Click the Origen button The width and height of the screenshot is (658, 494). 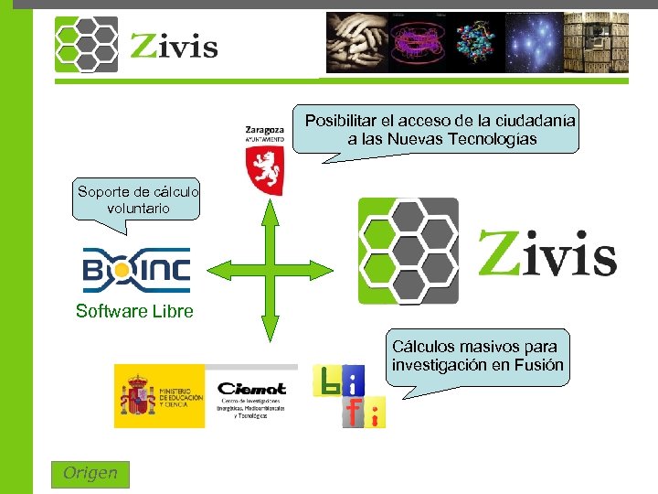pyautogui.click(x=90, y=474)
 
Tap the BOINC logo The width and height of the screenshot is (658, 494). pyautogui.click(x=136, y=270)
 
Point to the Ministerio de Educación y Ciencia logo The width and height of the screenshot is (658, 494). pyautogui.click(x=160, y=396)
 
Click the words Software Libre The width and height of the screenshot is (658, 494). pyautogui.click(x=135, y=312)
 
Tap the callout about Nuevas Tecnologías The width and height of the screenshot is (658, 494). pyautogui.click(x=441, y=130)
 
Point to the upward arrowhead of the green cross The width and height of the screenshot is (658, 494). pyautogui.click(x=270, y=209)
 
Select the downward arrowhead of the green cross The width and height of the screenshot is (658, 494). pyautogui.click(x=270, y=332)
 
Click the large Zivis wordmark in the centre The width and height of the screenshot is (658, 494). pyautogui.click(x=547, y=252)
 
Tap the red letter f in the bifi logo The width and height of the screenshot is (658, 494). pyautogui.click(x=355, y=412)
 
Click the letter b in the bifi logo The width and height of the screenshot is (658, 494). pyautogui.click(x=326, y=380)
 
